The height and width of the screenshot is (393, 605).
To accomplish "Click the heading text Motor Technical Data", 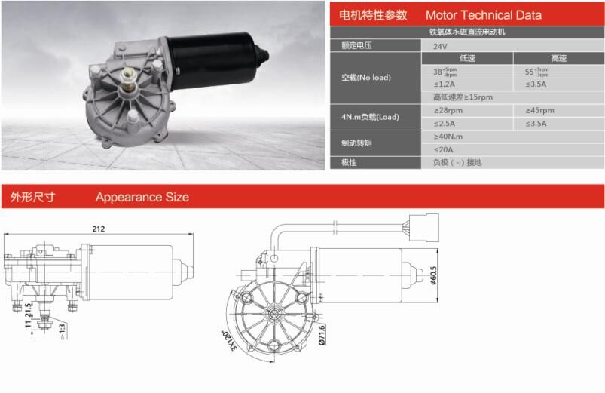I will pos(483,15).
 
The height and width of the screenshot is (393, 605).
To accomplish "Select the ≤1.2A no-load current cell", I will pos(445,84).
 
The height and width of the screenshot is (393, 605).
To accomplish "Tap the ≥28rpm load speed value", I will pos(448,110).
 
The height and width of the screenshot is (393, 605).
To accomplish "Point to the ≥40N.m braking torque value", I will pos(448,137).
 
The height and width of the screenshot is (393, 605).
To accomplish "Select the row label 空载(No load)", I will pos(365,77).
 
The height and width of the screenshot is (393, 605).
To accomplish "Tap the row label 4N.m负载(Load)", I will pos(370,117).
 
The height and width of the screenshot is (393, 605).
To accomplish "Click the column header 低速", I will pos(467,58).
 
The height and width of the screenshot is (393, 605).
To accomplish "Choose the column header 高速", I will pos(558,58).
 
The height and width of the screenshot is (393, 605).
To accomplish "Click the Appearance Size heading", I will pos(142,198).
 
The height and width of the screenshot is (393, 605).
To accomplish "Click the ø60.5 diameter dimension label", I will pos(433,276).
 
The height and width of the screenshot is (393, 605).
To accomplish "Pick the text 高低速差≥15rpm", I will pos(463,97).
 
